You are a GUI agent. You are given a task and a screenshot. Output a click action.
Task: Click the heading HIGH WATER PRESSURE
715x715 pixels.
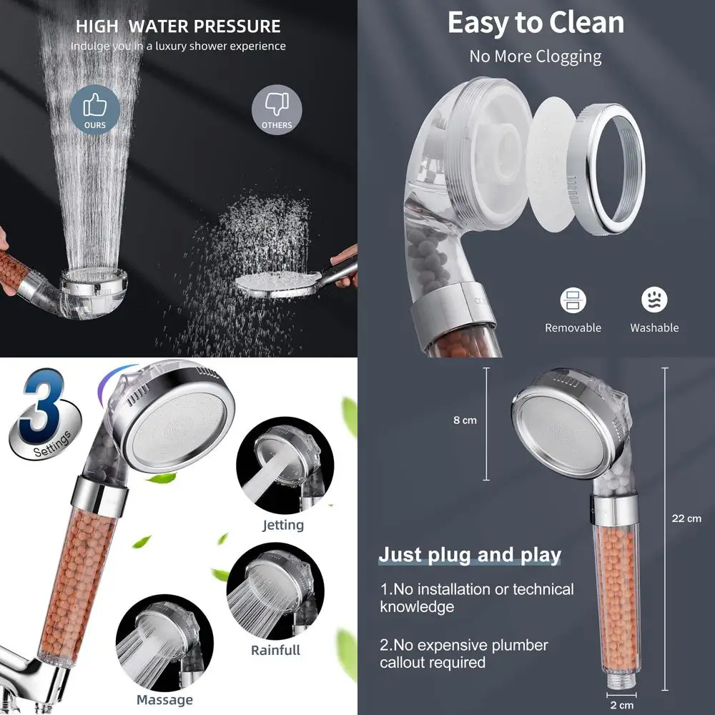(178, 27)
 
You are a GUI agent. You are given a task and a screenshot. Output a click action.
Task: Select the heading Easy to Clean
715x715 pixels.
(536, 23)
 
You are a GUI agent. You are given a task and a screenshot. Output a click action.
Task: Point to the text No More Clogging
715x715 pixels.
(536, 56)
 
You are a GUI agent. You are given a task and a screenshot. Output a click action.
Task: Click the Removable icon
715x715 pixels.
(573, 300)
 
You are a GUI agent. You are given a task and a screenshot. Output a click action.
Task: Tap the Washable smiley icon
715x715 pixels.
(654, 300)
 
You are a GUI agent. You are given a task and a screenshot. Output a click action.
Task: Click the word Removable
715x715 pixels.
(573, 327)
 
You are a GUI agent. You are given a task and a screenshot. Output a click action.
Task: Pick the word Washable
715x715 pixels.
(654, 327)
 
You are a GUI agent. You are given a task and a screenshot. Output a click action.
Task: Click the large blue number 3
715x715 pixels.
(41, 408)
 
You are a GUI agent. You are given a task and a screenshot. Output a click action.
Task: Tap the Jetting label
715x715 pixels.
(283, 525)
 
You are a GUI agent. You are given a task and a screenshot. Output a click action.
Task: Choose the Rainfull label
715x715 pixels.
(275, 650)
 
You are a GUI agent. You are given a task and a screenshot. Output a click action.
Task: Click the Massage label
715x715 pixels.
(164, 699)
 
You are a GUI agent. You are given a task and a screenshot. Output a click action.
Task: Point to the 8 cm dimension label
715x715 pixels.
(465, 420)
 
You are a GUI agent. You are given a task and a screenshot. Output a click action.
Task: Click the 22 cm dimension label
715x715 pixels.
(686, 518)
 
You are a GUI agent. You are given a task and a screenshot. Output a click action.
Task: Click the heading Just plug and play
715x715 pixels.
(470, 555)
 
